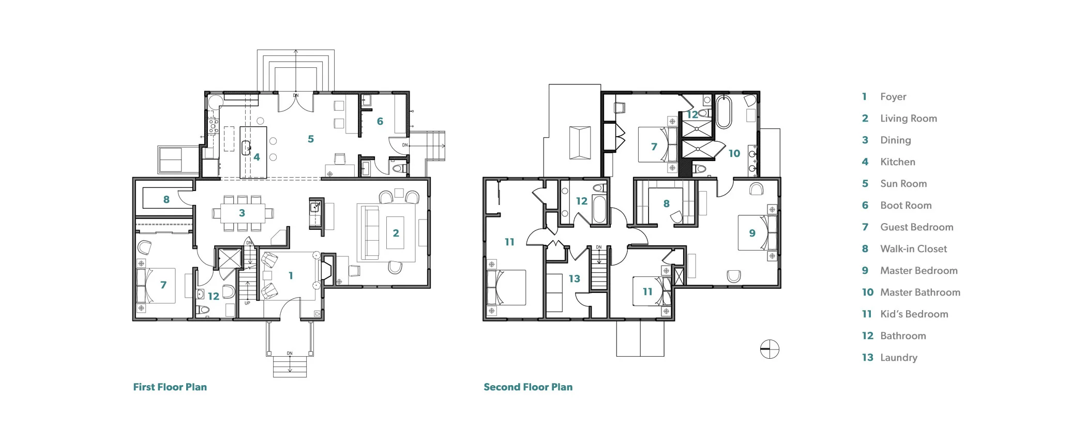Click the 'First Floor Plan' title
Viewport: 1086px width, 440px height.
pos(170,387)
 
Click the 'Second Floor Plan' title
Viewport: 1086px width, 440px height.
pos(527,387)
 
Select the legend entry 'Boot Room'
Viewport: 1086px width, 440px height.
pos(906,206)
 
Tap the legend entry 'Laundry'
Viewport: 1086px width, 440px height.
pos(898,358)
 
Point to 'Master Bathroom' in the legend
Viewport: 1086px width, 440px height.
pos(920,292)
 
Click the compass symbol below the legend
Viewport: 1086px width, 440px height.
pos(770,349)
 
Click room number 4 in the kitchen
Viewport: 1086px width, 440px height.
pos(257,157)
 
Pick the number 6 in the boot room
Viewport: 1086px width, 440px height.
pos(380,121)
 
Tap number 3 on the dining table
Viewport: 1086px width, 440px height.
pos(242,213)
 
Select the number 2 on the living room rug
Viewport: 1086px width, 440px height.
pos(396,233)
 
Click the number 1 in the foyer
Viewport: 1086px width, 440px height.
pos(291,276)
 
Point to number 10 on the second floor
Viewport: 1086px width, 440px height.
pos(734,153)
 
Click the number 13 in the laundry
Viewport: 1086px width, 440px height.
pos(574,278)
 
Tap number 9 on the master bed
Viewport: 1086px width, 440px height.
pos(752,233)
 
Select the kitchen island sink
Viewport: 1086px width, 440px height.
pos(246,148)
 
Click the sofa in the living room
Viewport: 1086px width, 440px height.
pos(370,232)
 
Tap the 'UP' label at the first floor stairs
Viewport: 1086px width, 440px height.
pos(247,303)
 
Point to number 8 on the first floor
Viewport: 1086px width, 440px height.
pos(166,199)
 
